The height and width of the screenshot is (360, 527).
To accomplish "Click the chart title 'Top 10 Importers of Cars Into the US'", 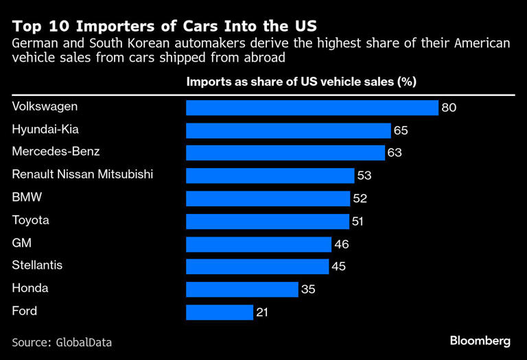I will [x=164, y=27].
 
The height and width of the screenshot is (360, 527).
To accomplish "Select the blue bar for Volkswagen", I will [x=312, y=108].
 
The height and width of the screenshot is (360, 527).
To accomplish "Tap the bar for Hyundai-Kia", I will [x=288, y=130].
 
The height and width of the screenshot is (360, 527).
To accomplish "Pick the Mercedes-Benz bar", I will [x=285, y=152].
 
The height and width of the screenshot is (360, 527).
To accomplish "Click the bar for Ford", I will [x=220, y=312].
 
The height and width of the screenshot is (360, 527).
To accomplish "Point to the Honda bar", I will [x=242, y=289].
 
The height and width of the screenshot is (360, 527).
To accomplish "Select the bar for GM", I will [x=259, y=244].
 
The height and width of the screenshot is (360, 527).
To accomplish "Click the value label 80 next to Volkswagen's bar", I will [x=449, y=108].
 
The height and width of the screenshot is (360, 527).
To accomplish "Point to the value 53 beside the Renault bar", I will [x=364, y=176].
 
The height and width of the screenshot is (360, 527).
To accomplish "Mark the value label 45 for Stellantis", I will [x=339, y=267].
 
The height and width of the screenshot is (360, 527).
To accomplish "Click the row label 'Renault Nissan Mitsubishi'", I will [x=82, y=174].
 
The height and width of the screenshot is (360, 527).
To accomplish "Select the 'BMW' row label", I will [x=27, y=197].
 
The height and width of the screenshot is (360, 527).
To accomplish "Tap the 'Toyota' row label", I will [x=31, y=220].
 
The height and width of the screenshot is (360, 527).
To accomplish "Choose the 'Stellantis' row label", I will [x=37, y=265].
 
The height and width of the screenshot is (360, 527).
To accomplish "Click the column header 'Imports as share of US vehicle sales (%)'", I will [x=301, y=82].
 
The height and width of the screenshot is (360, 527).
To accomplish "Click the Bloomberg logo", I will [x=480, y=340].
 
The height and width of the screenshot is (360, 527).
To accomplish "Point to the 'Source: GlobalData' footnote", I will [x=62, y=341].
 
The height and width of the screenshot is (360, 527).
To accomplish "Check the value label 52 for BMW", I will [x=360, y=199].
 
